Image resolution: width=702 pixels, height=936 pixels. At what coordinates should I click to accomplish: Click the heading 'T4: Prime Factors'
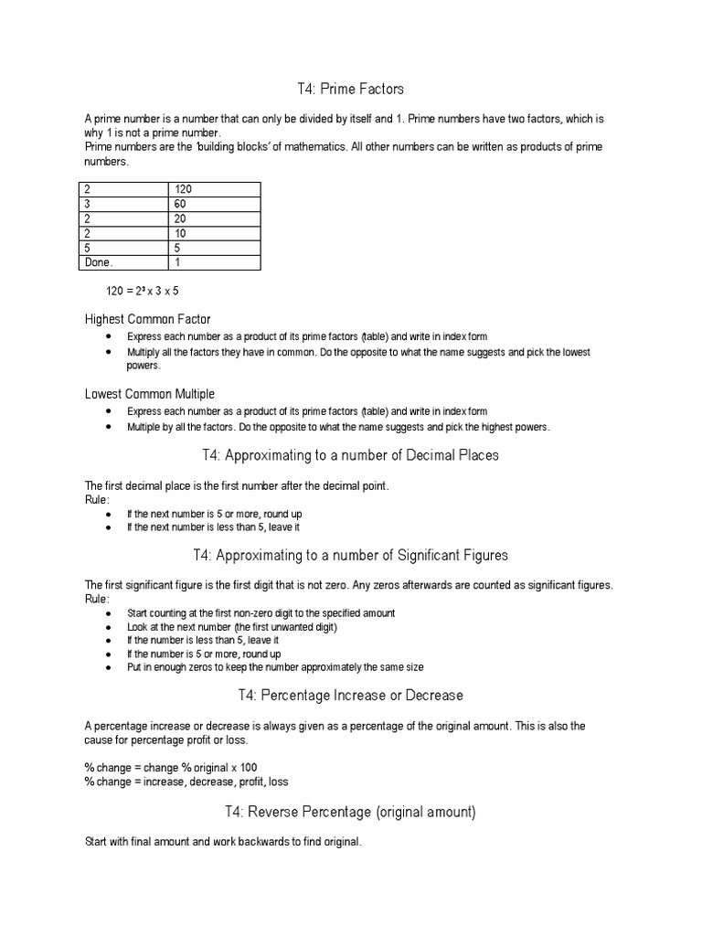(350, 89)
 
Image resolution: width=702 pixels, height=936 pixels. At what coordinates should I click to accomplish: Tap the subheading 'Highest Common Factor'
(147, 319)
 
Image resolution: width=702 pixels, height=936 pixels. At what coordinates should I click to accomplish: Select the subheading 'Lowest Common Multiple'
(150, 394)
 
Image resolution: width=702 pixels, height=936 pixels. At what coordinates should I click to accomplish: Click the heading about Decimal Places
(350, 454)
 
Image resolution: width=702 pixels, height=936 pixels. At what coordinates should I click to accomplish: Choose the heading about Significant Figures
(350, 555)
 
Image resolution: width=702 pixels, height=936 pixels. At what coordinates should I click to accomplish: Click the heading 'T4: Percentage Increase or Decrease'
(350, 696)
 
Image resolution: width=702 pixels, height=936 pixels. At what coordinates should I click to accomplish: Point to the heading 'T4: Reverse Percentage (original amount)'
(350, 812)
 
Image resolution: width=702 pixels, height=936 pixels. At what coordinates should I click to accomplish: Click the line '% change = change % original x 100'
(165, 768)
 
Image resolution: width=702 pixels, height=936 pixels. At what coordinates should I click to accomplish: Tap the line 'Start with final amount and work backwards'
(223, 843)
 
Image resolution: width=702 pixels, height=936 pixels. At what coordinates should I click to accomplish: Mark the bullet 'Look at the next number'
(232, 627)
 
